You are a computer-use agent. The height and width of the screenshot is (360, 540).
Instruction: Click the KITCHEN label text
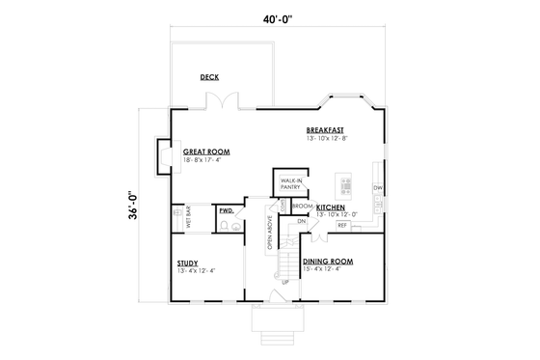[x=331, y=207]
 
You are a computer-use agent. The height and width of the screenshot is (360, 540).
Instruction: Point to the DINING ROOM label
[x=328, y=262]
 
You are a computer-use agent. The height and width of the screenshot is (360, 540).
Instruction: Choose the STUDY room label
[x=187, y=263]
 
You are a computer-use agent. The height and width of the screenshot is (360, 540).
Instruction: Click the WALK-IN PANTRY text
[x=290, y=184]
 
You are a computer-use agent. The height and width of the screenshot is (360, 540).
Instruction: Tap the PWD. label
[x=226, y=210]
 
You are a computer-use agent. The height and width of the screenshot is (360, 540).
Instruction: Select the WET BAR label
[x=175, y=218]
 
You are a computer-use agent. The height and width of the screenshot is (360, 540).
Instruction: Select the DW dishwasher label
[x=378, y=187]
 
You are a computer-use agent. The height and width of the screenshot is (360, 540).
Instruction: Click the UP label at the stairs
[x=283, y=283]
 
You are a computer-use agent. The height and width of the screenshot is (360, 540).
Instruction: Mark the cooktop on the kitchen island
[x=346, y=182]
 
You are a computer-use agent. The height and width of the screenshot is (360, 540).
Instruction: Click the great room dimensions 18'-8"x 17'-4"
[x=204, y=160]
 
